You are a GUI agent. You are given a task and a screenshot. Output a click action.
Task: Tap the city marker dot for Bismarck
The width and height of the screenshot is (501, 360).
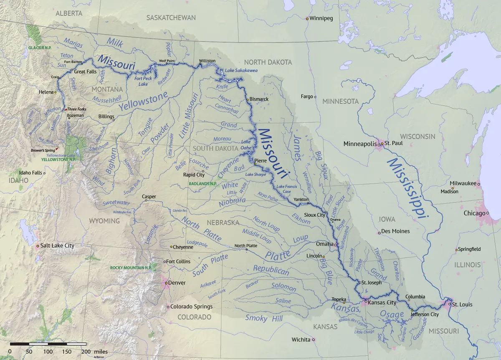(247, 99)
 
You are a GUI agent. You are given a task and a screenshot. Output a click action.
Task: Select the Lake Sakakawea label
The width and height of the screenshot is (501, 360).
(241, 70)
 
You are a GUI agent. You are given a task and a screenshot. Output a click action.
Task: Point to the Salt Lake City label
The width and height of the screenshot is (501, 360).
(57, 246)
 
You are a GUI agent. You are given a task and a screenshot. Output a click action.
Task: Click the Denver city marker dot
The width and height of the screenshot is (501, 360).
(166, 283)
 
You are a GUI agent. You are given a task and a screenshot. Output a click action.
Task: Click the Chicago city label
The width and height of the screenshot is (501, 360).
(474, 213)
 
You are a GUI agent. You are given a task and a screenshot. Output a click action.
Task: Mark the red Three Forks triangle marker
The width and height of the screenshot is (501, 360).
(65, 109)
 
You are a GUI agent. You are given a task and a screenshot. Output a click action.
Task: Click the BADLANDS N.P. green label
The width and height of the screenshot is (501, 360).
(203, 183)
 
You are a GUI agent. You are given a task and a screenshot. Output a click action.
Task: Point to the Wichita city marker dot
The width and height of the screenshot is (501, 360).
(314, 340)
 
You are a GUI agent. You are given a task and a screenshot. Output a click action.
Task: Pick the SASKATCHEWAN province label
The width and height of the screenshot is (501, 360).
(171, 18)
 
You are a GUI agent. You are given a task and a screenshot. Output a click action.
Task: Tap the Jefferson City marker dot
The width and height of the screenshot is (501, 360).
(412, 310)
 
